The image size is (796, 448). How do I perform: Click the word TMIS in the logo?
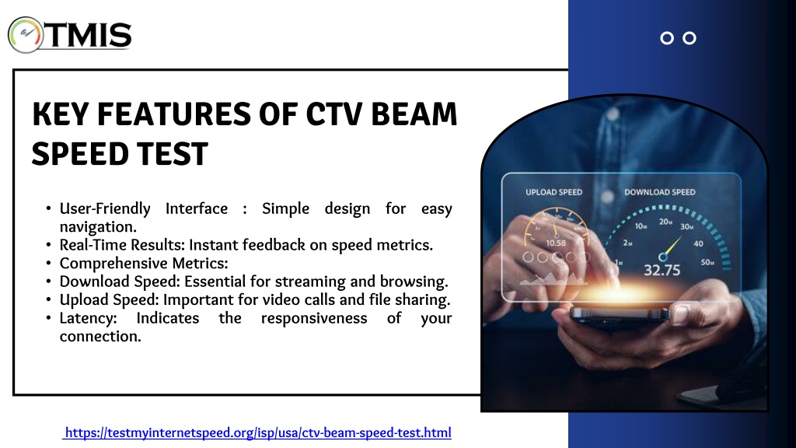(89, 35)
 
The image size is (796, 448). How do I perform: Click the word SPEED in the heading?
(72, 154)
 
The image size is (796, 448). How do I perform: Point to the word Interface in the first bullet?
(197, 208)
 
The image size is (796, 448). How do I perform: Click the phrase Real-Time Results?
(122, 245)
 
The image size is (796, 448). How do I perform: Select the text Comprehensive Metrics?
(144, 263)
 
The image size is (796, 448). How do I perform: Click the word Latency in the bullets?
(88, 318)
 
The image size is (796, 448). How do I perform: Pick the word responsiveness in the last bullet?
(314, 318)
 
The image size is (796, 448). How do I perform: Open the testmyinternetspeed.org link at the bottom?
(257, 432)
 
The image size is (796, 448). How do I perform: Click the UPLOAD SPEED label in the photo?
(553, 192)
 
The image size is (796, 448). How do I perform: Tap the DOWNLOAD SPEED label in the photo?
(660, 192)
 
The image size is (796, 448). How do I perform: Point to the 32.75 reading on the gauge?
(662, 270)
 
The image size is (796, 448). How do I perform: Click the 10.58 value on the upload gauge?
(556, 243)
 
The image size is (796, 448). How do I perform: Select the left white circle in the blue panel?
(667, 38)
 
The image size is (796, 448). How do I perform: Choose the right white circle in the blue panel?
(690, 38)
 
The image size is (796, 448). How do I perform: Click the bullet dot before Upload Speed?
(48, 299)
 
